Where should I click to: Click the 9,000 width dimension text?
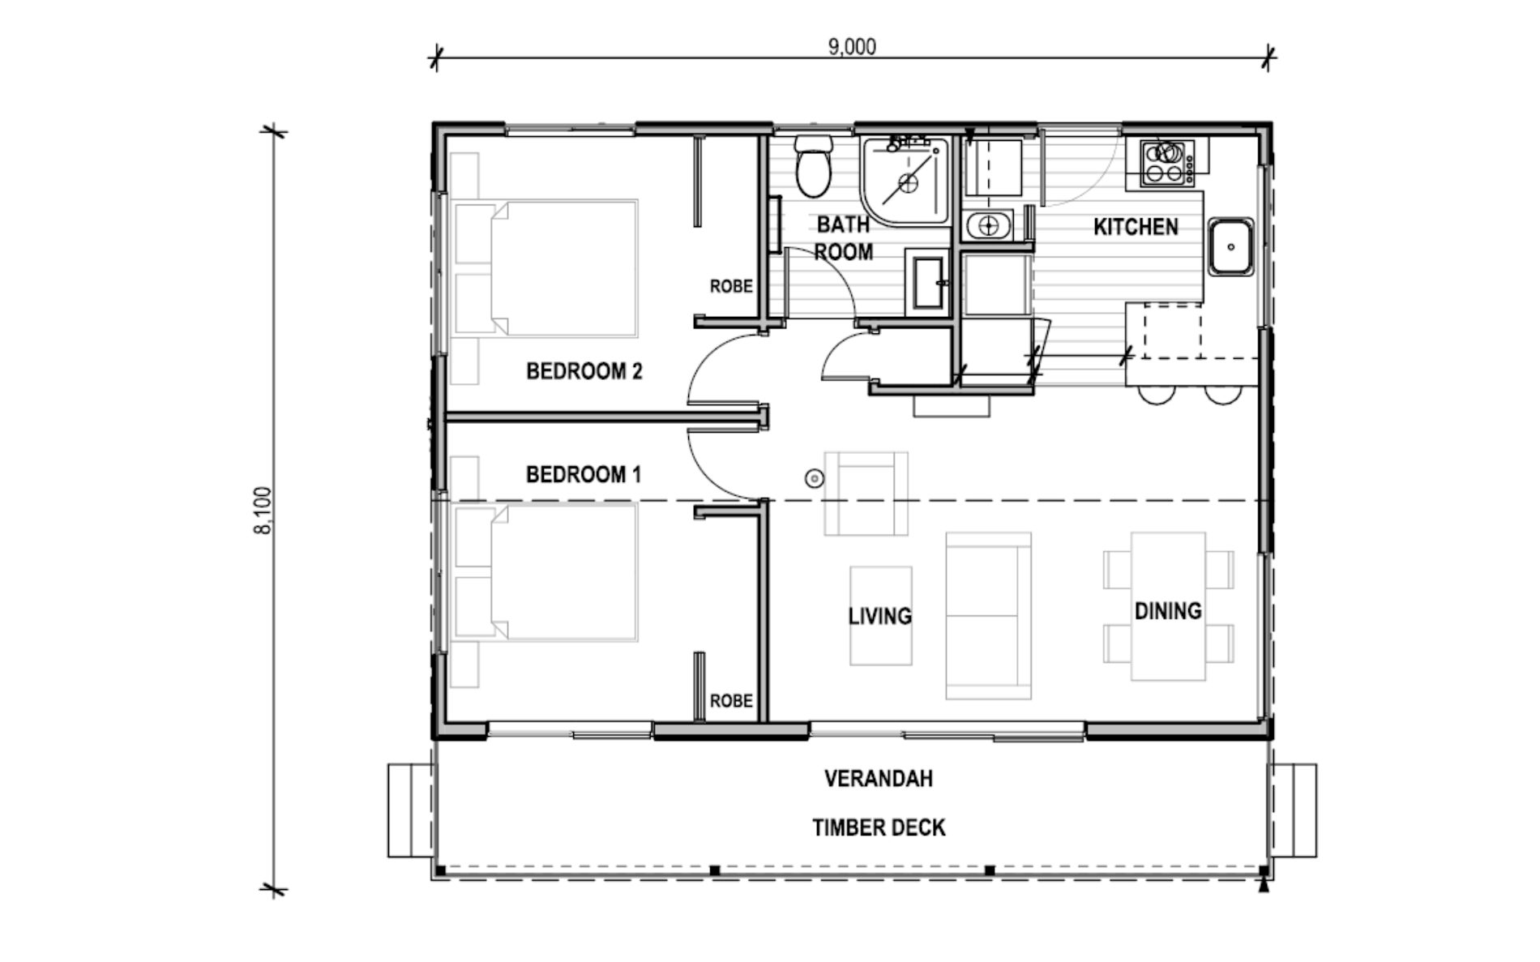[x=851, y=47]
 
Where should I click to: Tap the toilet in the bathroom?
[x=812, y=168]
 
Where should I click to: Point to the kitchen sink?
[x=1230, y=246]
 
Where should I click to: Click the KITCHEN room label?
[x=1136, y=227]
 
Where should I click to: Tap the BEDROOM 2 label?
[x=584, y=371]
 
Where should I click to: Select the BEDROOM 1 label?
[x=583, y=474]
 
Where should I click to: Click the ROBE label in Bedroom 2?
[x=730, y=286]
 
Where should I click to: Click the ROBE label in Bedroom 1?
[x=730, y=700]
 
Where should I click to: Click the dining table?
[x=1167, y=606]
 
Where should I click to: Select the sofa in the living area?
[x=988, y=616]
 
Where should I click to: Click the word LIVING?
[x=879, y=617]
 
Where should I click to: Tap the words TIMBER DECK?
[x=879, y=827]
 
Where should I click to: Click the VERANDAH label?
[x=879, y=779]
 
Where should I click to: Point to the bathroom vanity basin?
[x=928, y=283]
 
